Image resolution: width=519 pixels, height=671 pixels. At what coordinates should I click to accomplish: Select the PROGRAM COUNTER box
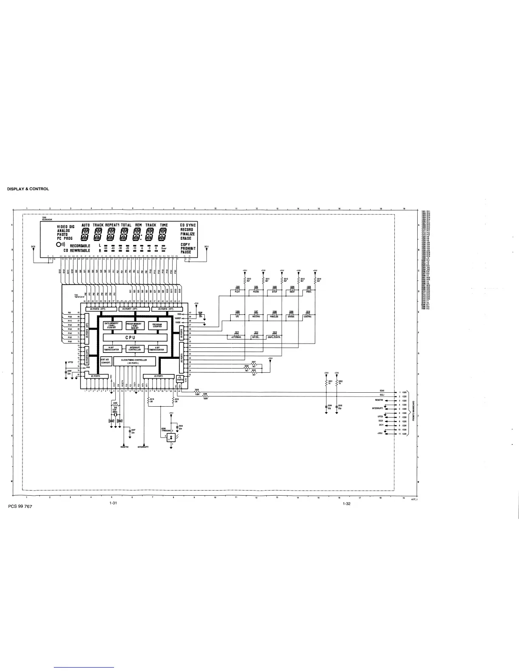tap(157, 325)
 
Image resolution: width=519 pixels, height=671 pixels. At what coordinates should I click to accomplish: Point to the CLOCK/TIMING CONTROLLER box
tap(134, 361)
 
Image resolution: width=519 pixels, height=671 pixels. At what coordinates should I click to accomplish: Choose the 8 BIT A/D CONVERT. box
tap(106, 361)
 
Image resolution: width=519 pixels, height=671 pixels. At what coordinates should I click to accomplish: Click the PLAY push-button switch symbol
tap(237, 290)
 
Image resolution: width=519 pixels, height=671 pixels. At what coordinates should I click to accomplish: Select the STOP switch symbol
tap(274, 290)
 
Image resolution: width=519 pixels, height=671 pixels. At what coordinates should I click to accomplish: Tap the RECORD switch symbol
tap(256, 314)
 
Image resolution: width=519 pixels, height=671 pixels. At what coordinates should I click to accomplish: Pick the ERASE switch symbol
tap(291, 314)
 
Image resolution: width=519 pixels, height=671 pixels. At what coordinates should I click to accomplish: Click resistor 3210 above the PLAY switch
tap(245, 279)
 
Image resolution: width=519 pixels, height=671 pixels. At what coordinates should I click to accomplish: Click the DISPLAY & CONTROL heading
tap(28, 189)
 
